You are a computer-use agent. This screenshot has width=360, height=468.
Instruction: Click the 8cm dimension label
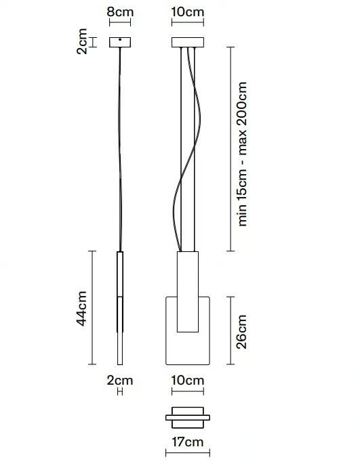point(120,12)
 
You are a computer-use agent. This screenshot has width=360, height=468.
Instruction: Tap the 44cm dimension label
point(81,308)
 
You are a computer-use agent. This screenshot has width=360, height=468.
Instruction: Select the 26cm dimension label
point(241,331)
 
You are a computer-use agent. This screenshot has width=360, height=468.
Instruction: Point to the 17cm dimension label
point(188,442)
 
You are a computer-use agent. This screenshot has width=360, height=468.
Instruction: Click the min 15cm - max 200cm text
point(242,154)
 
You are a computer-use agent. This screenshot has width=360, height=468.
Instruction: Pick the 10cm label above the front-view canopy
point(188,12)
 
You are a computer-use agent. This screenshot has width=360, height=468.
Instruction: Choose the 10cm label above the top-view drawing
point(188,381)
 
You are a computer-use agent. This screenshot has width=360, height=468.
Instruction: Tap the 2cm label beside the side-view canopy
point(82,41)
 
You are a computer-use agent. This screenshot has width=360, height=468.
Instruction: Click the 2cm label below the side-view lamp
point(120,381)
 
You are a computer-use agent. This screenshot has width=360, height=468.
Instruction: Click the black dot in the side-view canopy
point(120,39)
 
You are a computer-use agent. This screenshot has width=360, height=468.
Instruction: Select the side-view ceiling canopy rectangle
point(120,42)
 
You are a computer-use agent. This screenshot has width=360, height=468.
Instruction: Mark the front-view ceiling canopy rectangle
point(188,43)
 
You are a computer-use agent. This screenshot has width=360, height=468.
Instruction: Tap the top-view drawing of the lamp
point(188,418)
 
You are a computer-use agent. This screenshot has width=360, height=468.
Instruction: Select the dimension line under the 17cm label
point(188,453)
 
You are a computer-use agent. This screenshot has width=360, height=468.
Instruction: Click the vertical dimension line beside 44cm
point(93,307)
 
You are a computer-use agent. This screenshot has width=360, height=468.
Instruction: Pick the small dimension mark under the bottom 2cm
point(120,392)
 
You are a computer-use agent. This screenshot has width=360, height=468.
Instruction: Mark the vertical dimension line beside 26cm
point(231,331)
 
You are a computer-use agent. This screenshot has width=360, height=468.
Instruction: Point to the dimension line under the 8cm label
point(120,22)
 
